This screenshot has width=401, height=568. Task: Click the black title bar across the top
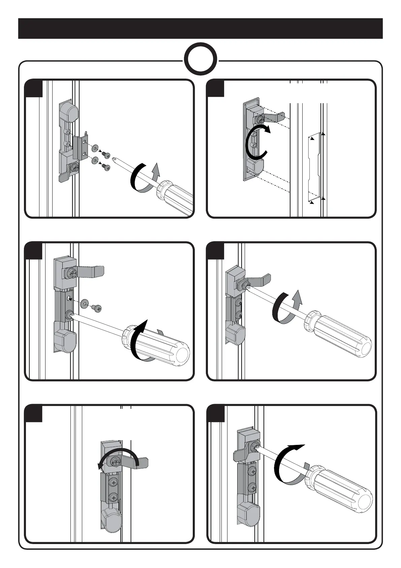(201, 29)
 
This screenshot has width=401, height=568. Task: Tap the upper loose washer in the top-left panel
(95, 148)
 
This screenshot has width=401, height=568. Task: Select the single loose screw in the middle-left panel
(97, 307)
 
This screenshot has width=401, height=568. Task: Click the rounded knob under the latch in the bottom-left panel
(111, 521)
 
